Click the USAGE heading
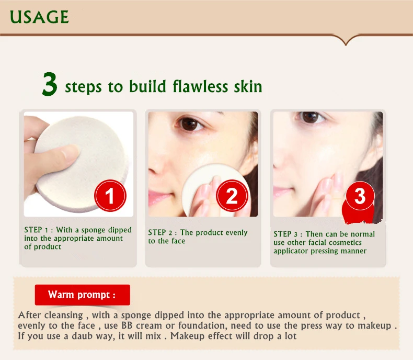tap(39, 17)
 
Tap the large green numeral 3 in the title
tap(50, 84)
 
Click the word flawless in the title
tap(200, 86)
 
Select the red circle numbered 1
tap(110, 196)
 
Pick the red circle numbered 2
tap(232, 196)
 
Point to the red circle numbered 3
tap(360, 196)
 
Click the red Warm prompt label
tap(83, 295)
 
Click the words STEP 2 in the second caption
tap(160, 232)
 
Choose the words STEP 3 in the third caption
tap(285, 234)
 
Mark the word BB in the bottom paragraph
tap(127, 325)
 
